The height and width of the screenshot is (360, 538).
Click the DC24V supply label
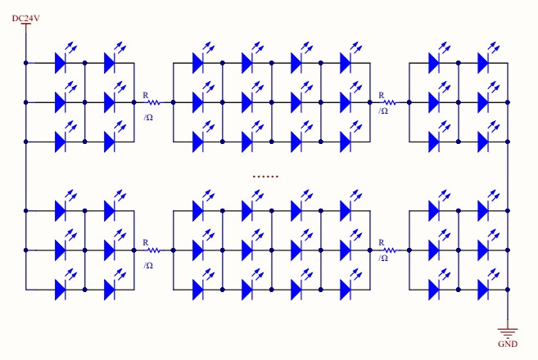tap(25, 16)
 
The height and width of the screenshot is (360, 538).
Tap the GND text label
tap(508, 344)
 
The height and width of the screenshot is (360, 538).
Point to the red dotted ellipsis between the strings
tap(265, 176)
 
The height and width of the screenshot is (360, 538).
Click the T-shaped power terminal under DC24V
tap(25, 25)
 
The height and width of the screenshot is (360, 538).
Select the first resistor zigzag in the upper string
tap(153, 102)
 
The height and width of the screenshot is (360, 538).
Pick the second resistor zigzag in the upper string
tap(388, 102)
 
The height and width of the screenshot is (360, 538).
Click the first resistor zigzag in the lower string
tap(153, 250)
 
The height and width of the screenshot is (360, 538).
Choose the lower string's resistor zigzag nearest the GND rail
tap(388, 250)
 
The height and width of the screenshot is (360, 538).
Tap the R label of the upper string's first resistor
tap(147, 95)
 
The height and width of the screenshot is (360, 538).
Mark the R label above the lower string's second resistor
tap(382, 242)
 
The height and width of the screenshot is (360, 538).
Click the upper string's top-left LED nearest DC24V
tap(61, 61)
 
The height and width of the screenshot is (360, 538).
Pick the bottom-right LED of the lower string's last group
tap(484, 289)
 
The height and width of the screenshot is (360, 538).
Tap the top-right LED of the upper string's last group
tap(484, 61)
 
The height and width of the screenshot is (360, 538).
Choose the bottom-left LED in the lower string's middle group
tap(199, 289)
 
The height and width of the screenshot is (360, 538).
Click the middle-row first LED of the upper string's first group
tap(61, 102)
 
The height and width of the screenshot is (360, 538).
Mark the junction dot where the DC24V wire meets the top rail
tap(25, 61)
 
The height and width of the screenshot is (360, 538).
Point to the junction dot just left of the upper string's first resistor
tap(134, 102)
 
